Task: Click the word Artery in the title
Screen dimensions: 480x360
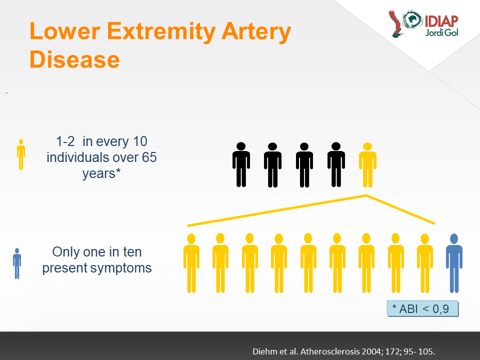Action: pos(256,32)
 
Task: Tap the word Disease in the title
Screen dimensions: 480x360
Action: pos(74,59)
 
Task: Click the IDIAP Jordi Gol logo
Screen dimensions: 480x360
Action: pos(424,23)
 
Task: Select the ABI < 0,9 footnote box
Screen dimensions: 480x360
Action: pos(423,308)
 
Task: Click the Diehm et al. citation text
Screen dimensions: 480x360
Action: pos(343,351)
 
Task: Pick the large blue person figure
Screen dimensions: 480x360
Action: pos(454,263)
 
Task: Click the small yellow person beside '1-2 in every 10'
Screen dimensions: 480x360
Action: pos(21,154)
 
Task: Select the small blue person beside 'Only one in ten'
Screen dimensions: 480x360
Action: pos(17,263)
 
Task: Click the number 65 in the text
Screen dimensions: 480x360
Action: pos(149,157)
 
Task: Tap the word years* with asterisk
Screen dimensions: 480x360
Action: pos(101,173)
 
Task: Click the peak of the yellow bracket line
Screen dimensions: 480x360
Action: pos(366,195)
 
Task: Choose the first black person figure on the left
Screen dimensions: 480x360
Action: pos(241,164)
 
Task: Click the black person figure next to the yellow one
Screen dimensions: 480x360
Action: pos(336,164)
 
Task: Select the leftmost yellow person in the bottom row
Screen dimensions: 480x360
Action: pos(191,263)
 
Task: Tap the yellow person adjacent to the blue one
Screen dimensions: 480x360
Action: pos(425,263)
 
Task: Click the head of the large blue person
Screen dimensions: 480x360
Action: pos(454,239)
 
